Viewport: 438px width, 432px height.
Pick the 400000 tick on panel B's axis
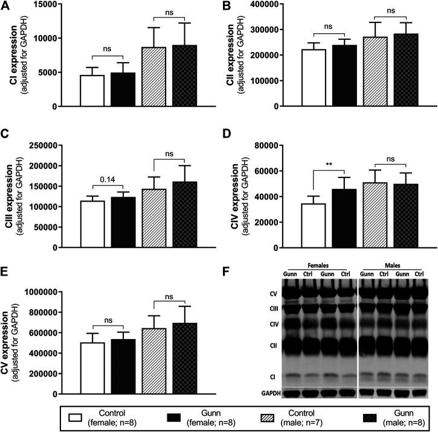point(265,4)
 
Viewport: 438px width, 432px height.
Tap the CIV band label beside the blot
point(274,324)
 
